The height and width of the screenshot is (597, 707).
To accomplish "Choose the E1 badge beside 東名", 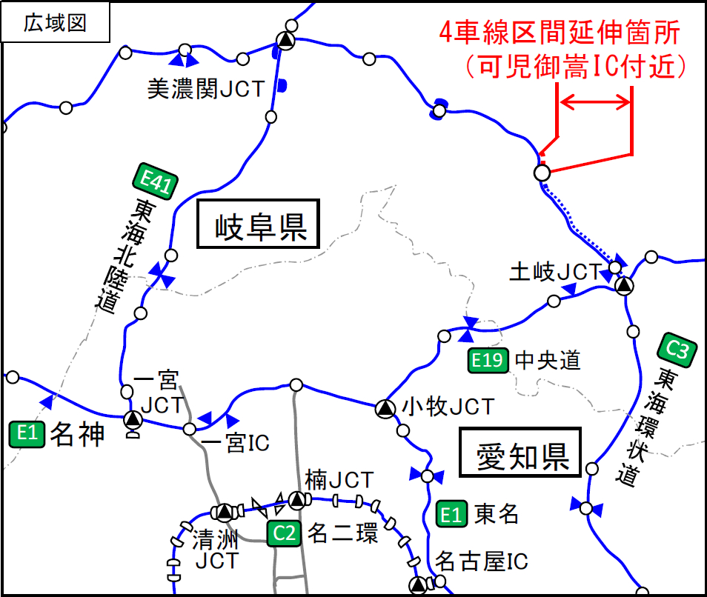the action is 451,513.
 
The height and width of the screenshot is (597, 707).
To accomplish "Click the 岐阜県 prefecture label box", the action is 257,223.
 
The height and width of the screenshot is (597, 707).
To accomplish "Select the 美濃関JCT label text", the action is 205,90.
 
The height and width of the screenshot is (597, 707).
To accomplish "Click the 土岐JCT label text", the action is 554,273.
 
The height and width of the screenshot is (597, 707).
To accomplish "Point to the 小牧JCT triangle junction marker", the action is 384,407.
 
